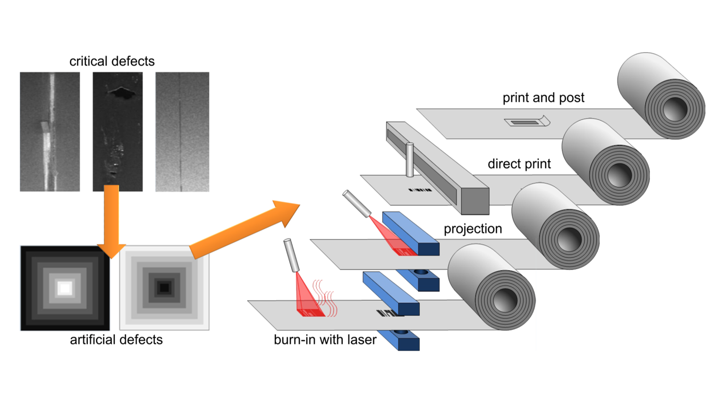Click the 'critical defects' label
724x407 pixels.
[112, 61]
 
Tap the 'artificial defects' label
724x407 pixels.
[116, 339]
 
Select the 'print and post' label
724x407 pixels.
[543, 98]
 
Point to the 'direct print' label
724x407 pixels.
[519, 164]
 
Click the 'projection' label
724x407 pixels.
[473, 229]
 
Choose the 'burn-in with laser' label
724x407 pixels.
[325, 339]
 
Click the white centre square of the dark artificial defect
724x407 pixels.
[65, 288]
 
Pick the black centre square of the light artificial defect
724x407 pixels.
[164, 287]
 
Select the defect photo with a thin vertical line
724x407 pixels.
[182, 132]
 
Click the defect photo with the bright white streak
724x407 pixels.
[50, 132]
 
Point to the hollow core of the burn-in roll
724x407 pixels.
[505, 298]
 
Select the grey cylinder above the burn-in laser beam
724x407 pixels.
[291, 255]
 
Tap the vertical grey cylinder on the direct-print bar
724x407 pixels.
[409, 160]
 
